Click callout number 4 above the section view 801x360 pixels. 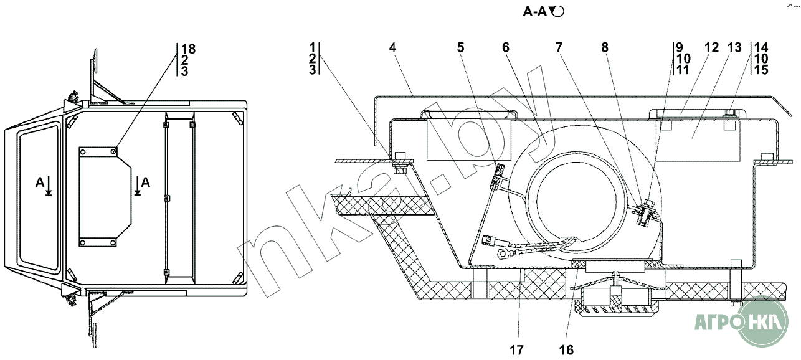coord(392,47)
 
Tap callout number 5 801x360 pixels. coord(460,47)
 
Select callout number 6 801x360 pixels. coord(506,47)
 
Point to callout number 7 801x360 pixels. coord(559,47)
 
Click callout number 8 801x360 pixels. coord(605,47)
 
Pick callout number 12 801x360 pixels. coord(711,47)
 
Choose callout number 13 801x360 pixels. coord(735,47)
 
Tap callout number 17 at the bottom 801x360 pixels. coord(517,350)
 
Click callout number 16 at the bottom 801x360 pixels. coord(566,350)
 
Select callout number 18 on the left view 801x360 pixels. coord(189,49)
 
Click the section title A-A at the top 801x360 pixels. coord(535,12)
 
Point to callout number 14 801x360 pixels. coord(761,47)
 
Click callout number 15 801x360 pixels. coord(761,70)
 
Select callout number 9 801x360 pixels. coord(680,47)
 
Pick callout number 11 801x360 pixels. coord(683,70)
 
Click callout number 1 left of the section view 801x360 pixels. coord(313,47)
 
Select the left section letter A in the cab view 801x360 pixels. coord(40,182)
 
